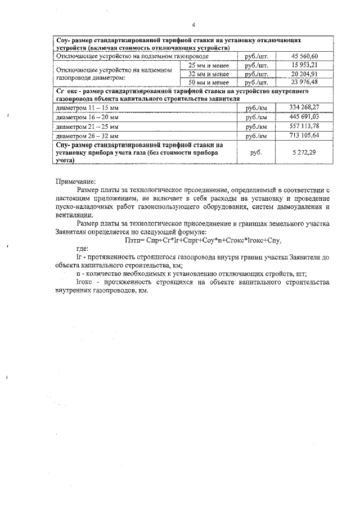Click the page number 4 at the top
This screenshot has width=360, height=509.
pos(193,25)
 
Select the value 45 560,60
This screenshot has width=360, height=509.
pos(305,56)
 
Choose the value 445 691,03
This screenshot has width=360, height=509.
pos(304,116)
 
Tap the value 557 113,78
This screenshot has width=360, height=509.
pos(304,126)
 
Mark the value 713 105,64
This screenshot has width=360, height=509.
pos(304,136)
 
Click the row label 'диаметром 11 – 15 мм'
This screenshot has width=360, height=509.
pos(88,107)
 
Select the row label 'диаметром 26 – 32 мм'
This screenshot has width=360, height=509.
pos(88,136)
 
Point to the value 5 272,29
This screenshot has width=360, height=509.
pos(304,152)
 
